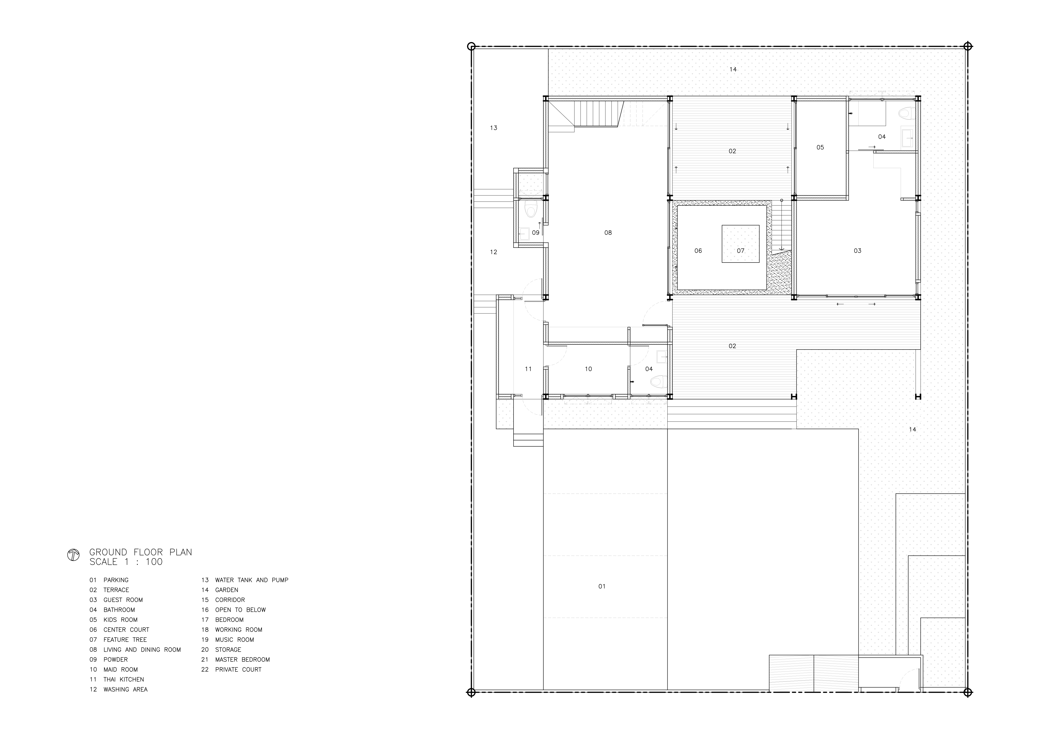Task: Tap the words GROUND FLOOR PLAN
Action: click(x=141, y=552)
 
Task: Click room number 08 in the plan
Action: click(x=608, y=233)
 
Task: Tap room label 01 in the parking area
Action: click(x=602, y=587)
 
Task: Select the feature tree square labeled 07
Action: click(x=741, y=244)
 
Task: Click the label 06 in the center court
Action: click(x=698, y=251)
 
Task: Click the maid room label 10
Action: click(x=588, y=369)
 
